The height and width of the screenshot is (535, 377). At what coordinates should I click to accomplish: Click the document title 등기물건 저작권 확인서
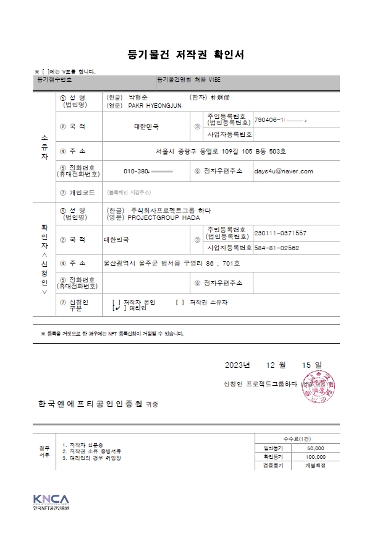(x=185, y=54)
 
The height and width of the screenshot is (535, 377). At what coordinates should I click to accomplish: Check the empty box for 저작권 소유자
(x=179, y=302)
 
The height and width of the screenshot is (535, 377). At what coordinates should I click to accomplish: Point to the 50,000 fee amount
(x=315, y=448)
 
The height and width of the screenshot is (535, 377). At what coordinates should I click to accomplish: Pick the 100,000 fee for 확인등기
(x=315, y=456)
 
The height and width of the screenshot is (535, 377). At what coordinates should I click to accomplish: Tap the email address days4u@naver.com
(x=284, y=171)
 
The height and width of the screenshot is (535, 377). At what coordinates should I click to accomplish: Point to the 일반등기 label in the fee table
(x=273, y=448)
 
